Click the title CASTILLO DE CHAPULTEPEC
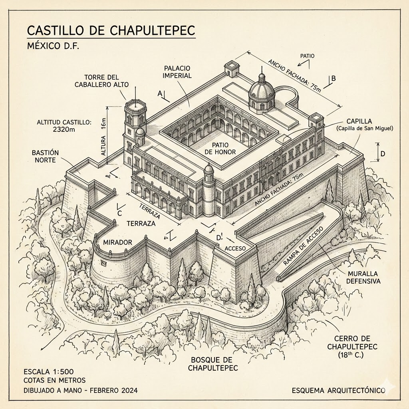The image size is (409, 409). (111, 30)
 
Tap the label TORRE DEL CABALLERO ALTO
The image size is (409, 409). (102, 81)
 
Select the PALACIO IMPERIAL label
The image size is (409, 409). (177, 72)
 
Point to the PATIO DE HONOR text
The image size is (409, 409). (220, 149)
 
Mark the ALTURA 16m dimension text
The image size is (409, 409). (103, 137)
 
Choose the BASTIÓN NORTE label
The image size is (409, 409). (45, 156)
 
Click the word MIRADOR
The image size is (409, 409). (118, 242)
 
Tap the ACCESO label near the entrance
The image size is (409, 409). (235, 248)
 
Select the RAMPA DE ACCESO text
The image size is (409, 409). (304, 246)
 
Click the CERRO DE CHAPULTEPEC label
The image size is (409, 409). (352, 347)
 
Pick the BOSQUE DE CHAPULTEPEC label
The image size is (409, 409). (213, 364)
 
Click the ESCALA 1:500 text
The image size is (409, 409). (48, 372)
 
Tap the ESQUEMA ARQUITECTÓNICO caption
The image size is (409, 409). (339, 391)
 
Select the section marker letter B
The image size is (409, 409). (334, 78)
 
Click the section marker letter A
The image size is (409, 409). (160, 93)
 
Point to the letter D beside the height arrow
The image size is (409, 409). (383, 154)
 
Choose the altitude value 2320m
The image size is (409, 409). (64, 129)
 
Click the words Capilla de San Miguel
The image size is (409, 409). (364, 128)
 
